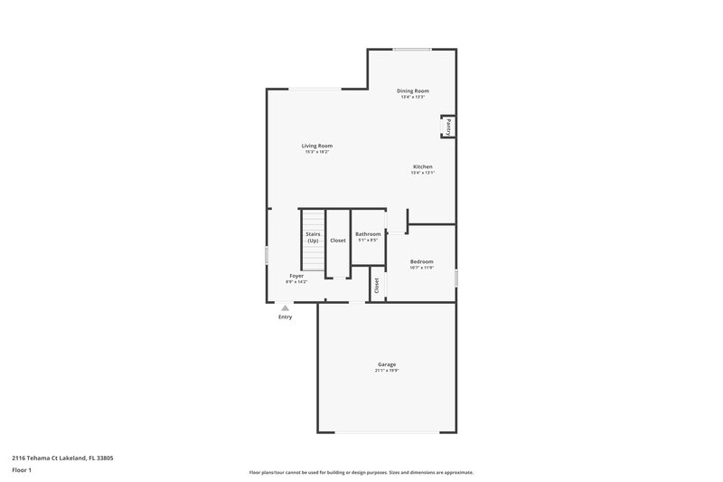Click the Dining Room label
coord(413,90)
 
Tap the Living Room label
coord(317,146)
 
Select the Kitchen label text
coord(422,166)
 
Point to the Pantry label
coord(448,127)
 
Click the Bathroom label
coord(368,234)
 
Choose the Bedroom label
coord(422,261)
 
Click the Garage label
coord(387,364)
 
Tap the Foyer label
coord(296,276)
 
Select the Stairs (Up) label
coord(313,238)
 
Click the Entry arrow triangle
coord(285,308)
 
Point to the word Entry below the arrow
coord(285,317)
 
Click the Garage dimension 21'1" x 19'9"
coord(387,371)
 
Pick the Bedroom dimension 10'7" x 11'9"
coord(422,268)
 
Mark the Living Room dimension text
coord(317,152)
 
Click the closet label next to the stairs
coord(338,241)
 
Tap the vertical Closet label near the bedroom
coord(376,285)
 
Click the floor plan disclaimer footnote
coord(361,472)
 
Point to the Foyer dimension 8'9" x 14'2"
coord(296,282)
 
